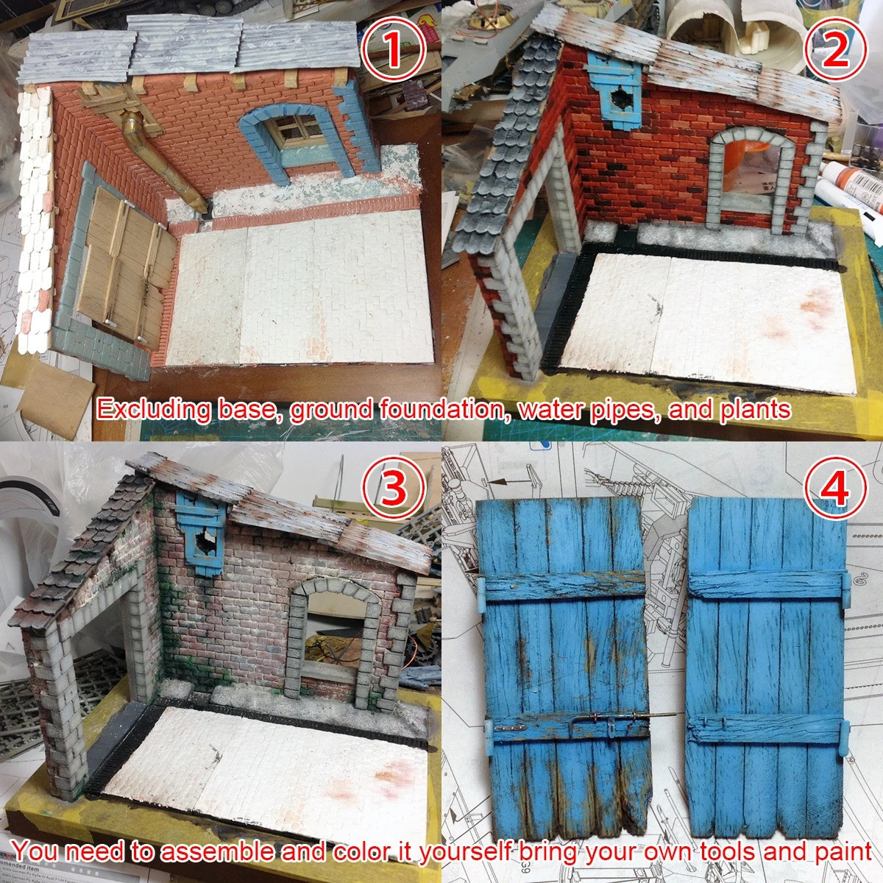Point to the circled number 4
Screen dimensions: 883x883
coord(835,489)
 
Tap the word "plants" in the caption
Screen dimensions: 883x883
coord(752,410)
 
